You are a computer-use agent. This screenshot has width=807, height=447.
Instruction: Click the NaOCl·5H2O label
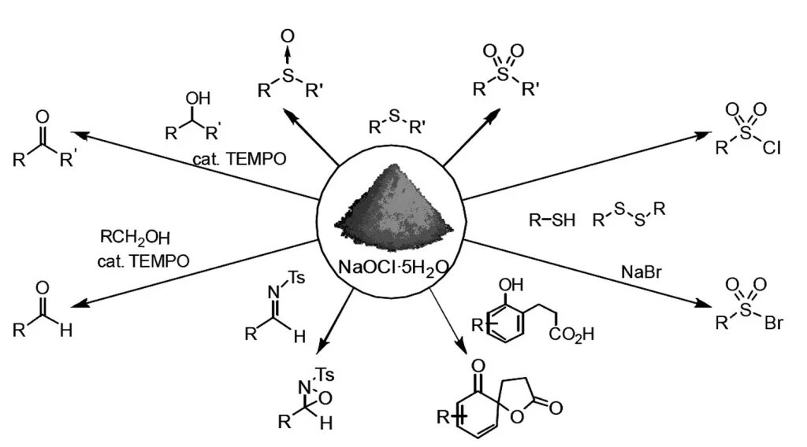tap(392, 268)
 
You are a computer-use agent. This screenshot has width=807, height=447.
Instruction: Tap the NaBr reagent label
tap(640, 272)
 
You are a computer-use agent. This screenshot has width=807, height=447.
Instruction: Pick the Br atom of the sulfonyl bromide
tap(773, 323)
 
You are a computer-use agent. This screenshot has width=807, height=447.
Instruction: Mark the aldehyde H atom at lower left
tap(65, 331)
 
